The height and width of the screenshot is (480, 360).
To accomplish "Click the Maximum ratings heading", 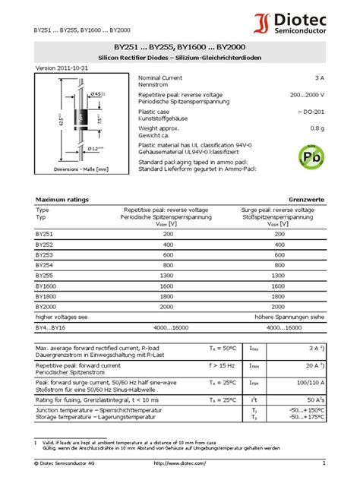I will pyautogui.click(x=62, y=199).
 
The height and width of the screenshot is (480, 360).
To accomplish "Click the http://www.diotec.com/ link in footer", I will pyautogui.click(x=179, y=463).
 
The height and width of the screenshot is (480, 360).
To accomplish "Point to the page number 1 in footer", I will pyautogui.click(x=323, y=463).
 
